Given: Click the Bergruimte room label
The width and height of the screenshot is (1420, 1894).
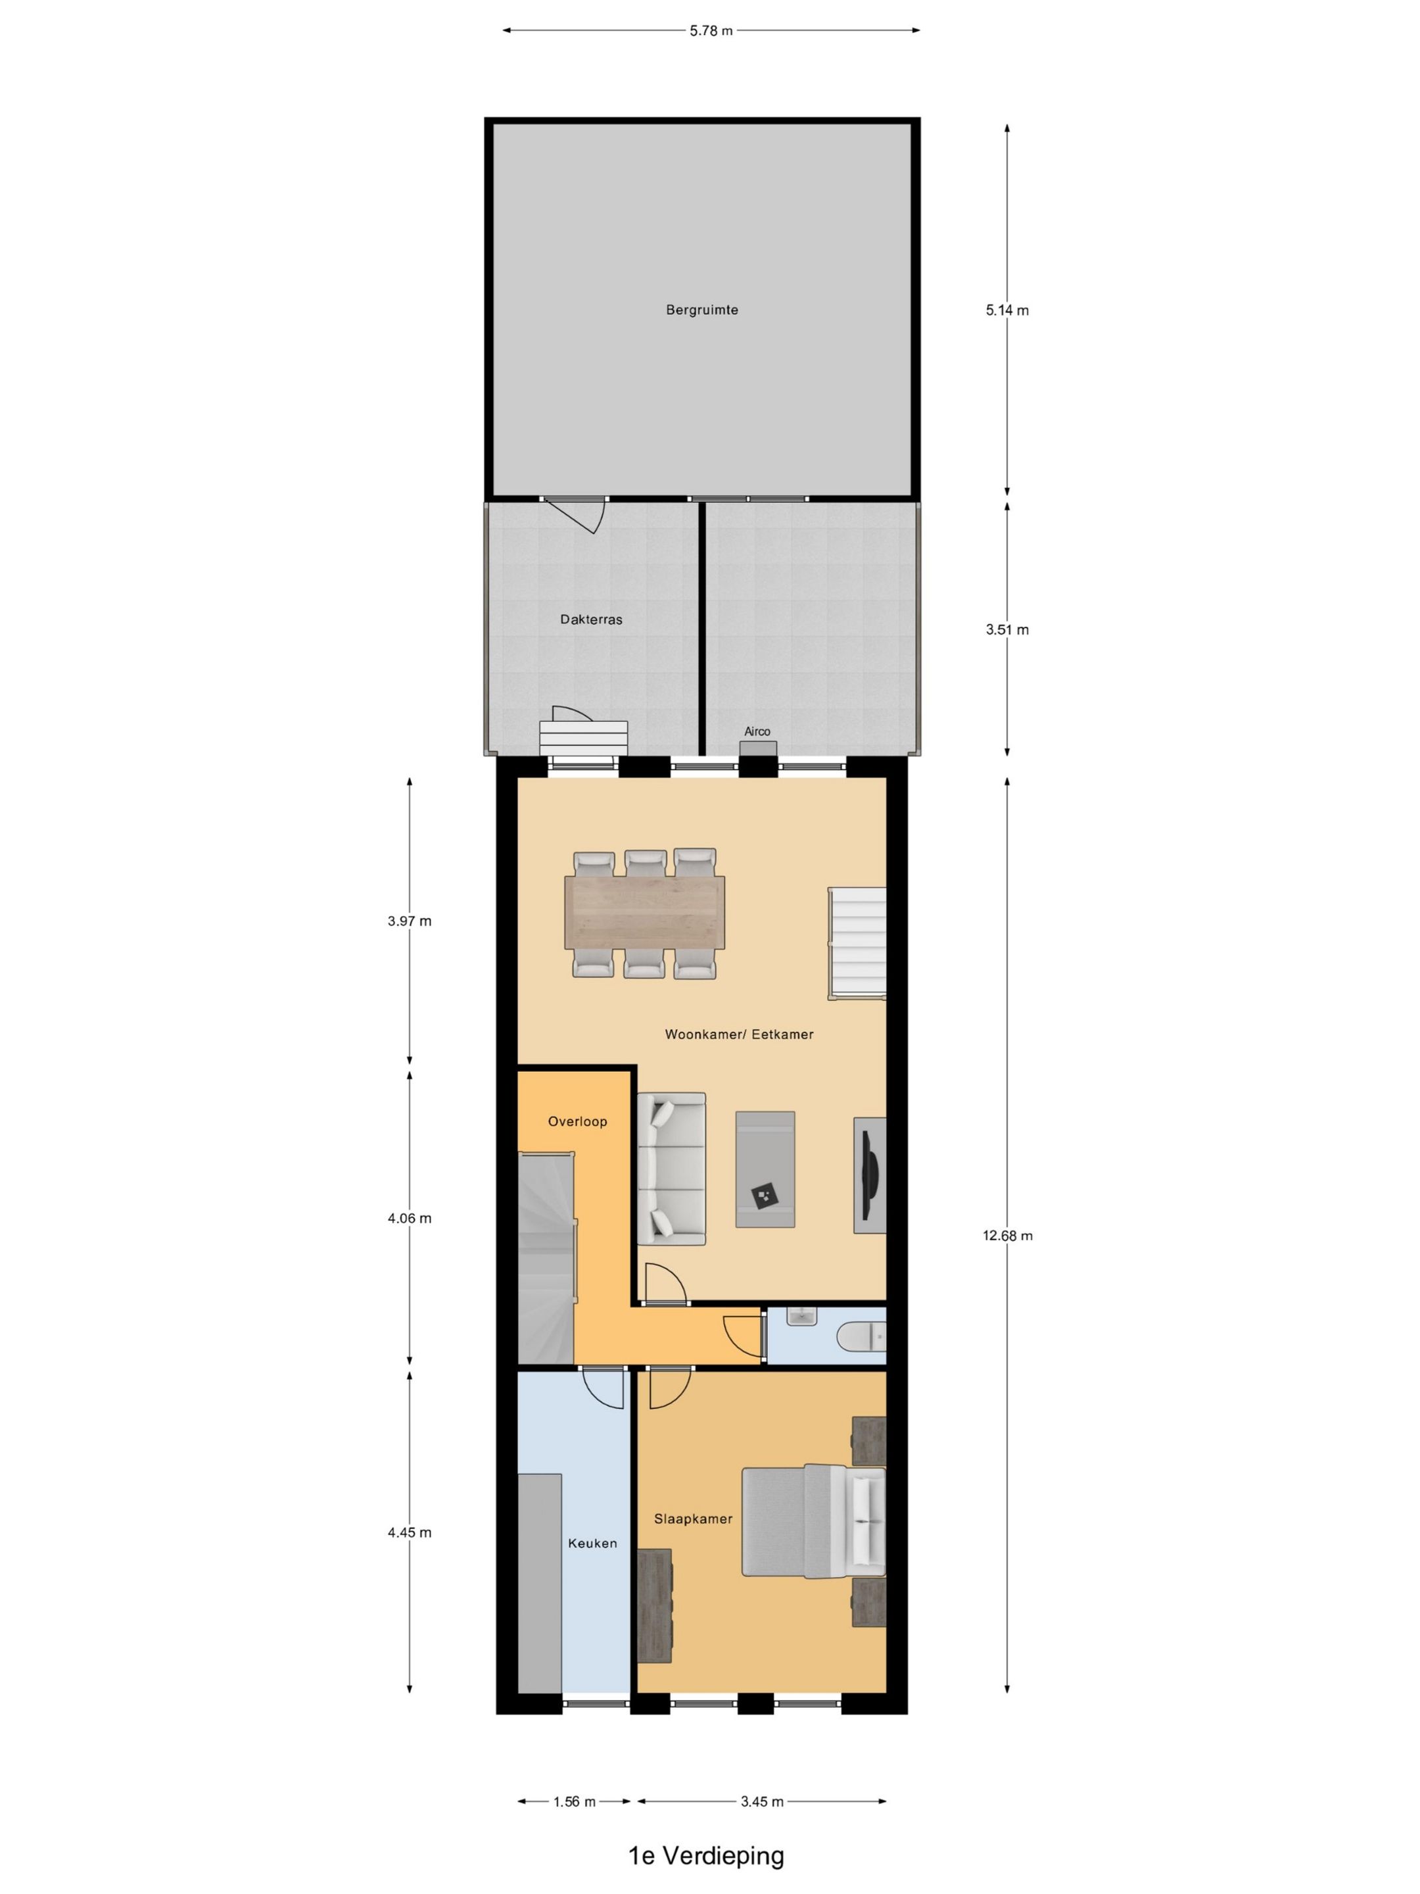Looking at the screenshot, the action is coord(702,310).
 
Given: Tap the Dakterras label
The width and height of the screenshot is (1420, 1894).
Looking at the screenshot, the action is coord(592,619).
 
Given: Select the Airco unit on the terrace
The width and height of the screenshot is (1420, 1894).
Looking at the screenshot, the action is coord(757,748).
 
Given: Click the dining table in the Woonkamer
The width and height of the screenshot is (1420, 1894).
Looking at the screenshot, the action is coord(644,913).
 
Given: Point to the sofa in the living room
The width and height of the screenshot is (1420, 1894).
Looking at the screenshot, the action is coord(672,1169).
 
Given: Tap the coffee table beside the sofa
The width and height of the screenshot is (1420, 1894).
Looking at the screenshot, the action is coord(765,1169).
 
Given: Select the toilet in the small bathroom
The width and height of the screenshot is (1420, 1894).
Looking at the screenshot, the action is coord(863,1336).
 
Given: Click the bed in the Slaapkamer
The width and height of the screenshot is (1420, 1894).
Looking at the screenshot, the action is coord(813,1520).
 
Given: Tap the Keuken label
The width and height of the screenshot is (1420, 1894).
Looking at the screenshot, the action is coord(592,1543).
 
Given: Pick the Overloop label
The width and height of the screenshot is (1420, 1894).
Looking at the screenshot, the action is coord(578,1121).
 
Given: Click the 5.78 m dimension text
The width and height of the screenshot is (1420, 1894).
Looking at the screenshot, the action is coord(711,31).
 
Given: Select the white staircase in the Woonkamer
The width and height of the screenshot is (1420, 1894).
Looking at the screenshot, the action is coord(857,942).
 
